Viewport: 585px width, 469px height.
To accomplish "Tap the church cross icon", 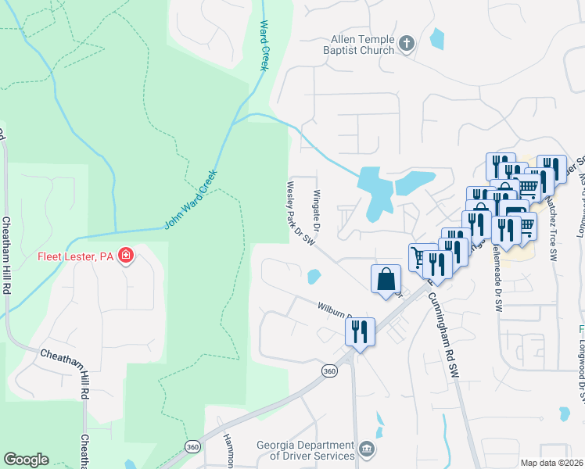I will [406, 44].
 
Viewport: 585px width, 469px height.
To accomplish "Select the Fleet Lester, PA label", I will [74, 256].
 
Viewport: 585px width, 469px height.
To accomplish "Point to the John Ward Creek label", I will [189, 201].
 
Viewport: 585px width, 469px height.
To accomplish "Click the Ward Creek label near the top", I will [264, 45].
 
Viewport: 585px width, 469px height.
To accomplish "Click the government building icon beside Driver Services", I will [367, 450].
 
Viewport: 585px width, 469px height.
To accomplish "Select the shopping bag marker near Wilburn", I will [386, 279].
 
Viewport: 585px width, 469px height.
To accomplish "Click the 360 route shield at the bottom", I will [192, 446].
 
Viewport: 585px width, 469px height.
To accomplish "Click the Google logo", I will [26, 460].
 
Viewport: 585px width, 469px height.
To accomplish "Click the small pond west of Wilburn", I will [314, 277].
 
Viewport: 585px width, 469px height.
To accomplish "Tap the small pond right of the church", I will [436, 37].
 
